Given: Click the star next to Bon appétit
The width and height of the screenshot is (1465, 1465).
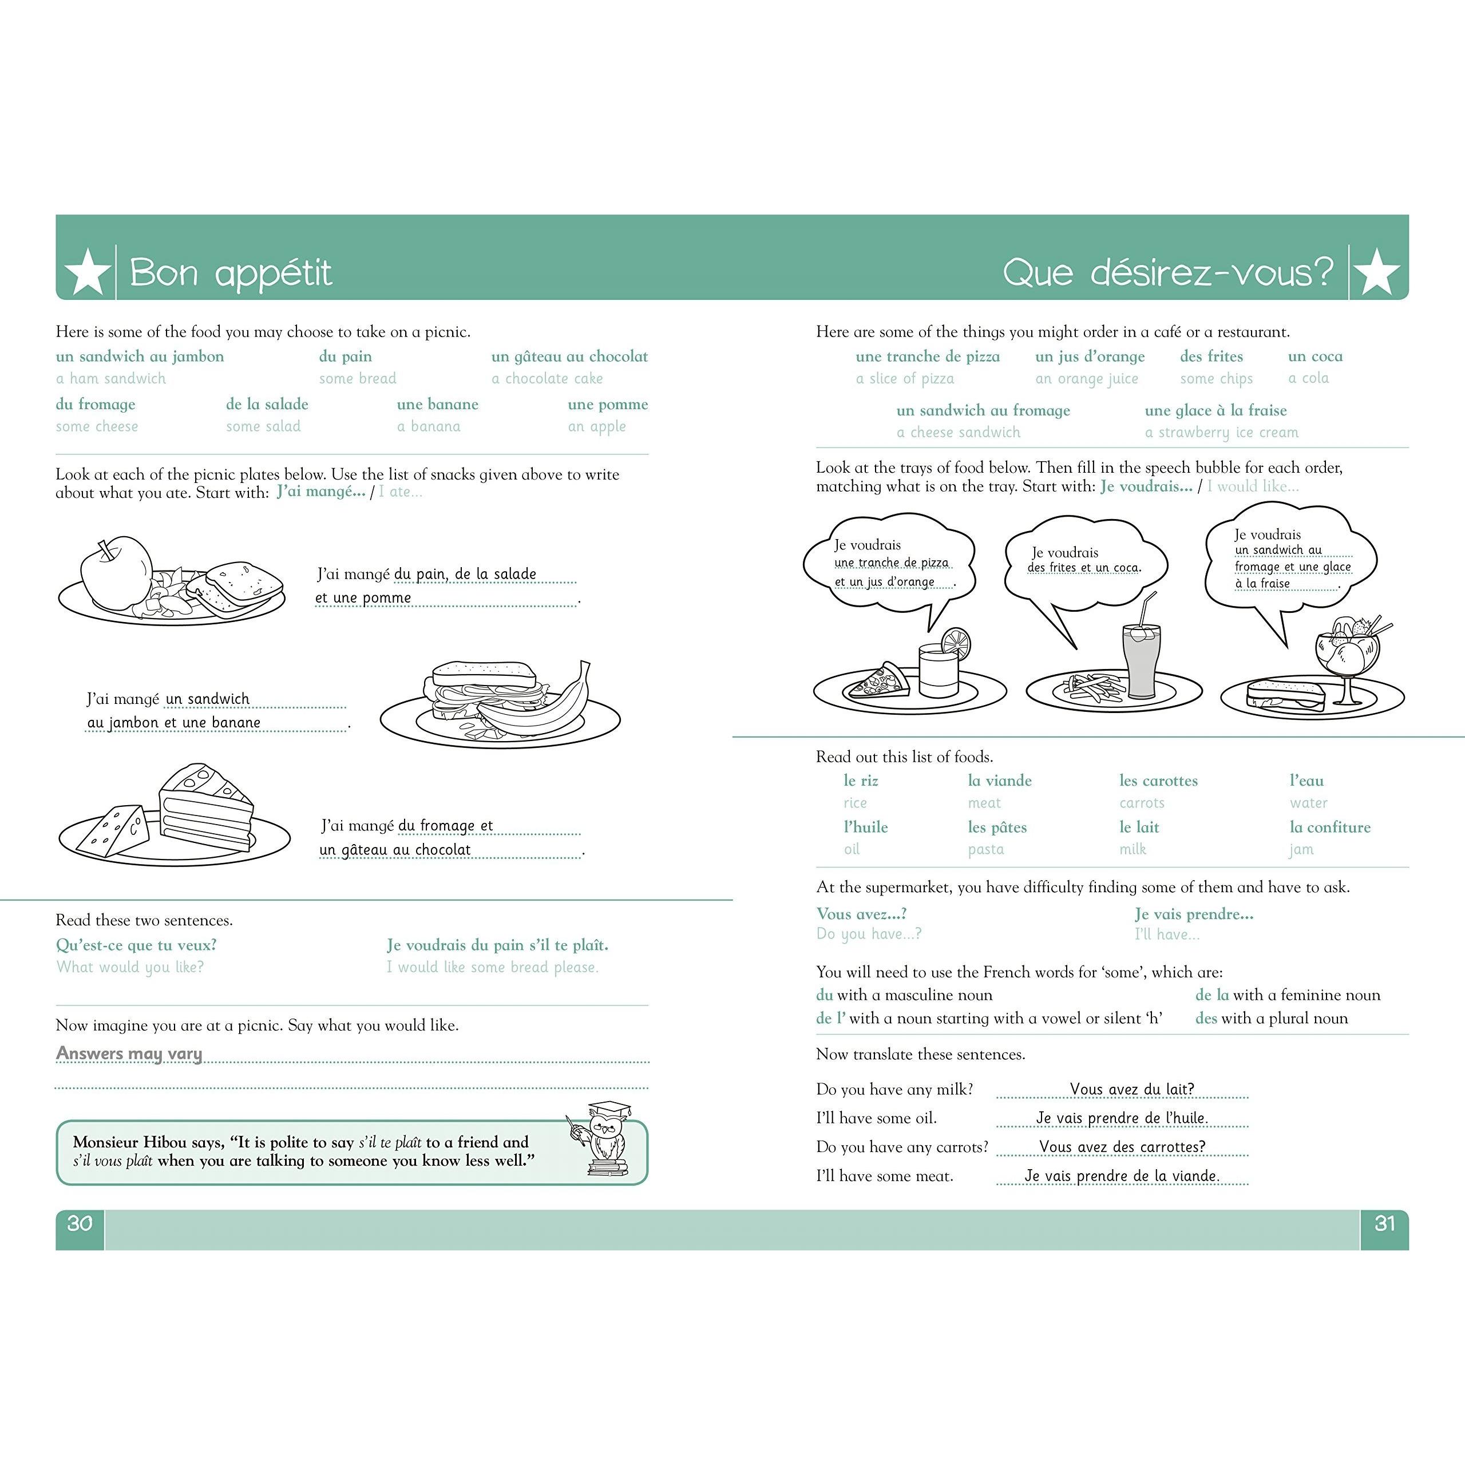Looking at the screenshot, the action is click(87, 271).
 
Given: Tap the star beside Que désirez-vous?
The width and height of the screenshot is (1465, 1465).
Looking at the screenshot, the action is click(1376, 271).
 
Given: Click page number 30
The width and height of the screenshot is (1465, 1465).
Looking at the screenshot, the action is click(80, 1223).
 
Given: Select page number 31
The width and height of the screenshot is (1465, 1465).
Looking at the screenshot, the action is click(1385, 1223).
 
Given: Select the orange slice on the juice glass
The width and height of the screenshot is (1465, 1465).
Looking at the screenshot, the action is click(956, 643).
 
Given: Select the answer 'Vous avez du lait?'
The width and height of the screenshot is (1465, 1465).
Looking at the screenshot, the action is click(1131, 1089).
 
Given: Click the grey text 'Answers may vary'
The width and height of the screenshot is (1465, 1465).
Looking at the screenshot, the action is click(129, 1053).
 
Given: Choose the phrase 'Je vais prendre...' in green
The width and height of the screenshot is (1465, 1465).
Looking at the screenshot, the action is click(1194, 914).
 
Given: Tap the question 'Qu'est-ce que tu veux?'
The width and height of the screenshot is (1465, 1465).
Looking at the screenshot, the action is click(137, 945).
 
